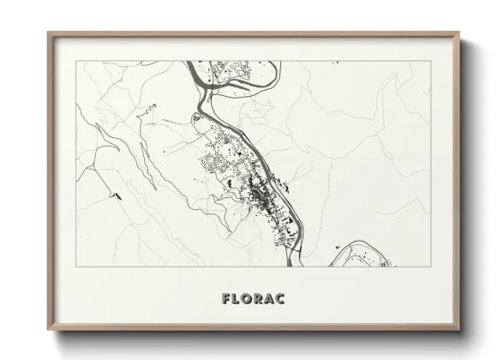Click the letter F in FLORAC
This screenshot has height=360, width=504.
(x=225, y=300)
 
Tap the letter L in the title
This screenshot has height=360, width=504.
(x=238, y=300)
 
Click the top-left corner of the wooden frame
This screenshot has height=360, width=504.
(x=48, y=33)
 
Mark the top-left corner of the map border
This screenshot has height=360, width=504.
(x=76, y=63)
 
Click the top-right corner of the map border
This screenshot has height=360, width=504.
(x=429, y=63)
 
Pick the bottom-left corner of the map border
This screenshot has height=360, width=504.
(x=76, y=267)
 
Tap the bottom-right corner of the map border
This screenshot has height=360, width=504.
(x=429, y=267)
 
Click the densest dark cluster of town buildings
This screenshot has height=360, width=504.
(x=256, y=199)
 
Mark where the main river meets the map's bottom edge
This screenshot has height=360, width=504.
(x=300, y=266)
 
